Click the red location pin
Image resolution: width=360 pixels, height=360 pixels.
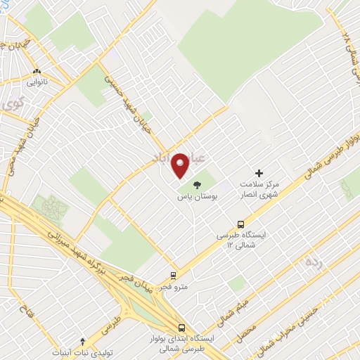point(181,165)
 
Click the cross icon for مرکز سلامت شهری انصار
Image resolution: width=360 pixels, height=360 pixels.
point(259,172)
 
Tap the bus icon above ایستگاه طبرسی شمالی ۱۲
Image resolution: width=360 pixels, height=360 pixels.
point(221,224)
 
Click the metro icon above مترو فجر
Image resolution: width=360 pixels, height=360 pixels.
point(173,276)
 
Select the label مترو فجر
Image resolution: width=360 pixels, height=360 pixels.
point(173,287)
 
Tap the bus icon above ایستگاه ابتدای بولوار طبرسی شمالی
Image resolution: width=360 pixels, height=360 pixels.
point(182,328)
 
